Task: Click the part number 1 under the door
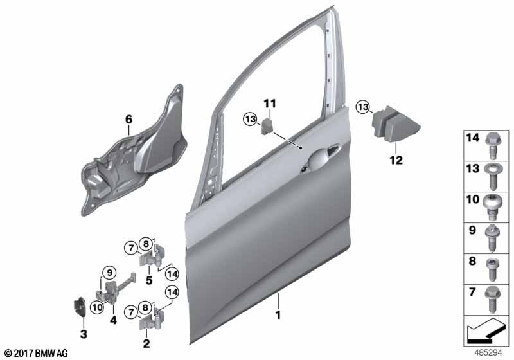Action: point(279,316)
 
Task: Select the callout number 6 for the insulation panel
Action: point(128,119)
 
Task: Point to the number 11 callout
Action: point(269,103)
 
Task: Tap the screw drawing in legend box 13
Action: point(493,174)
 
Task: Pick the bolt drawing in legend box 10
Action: point(493,204)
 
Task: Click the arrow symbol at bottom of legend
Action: point(485,334)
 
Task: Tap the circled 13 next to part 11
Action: point(249,118)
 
